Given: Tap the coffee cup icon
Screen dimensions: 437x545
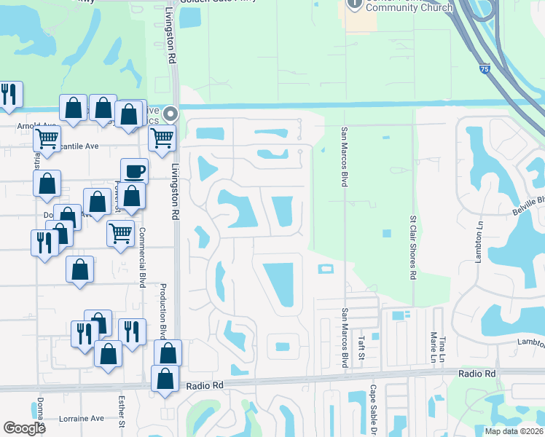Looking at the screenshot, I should coord(134,172).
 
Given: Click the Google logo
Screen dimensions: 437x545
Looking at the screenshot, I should coord(25,428).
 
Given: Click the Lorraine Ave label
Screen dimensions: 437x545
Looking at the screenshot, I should coord(82,419).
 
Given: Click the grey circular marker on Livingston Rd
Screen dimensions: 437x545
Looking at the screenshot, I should coord(170,114).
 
